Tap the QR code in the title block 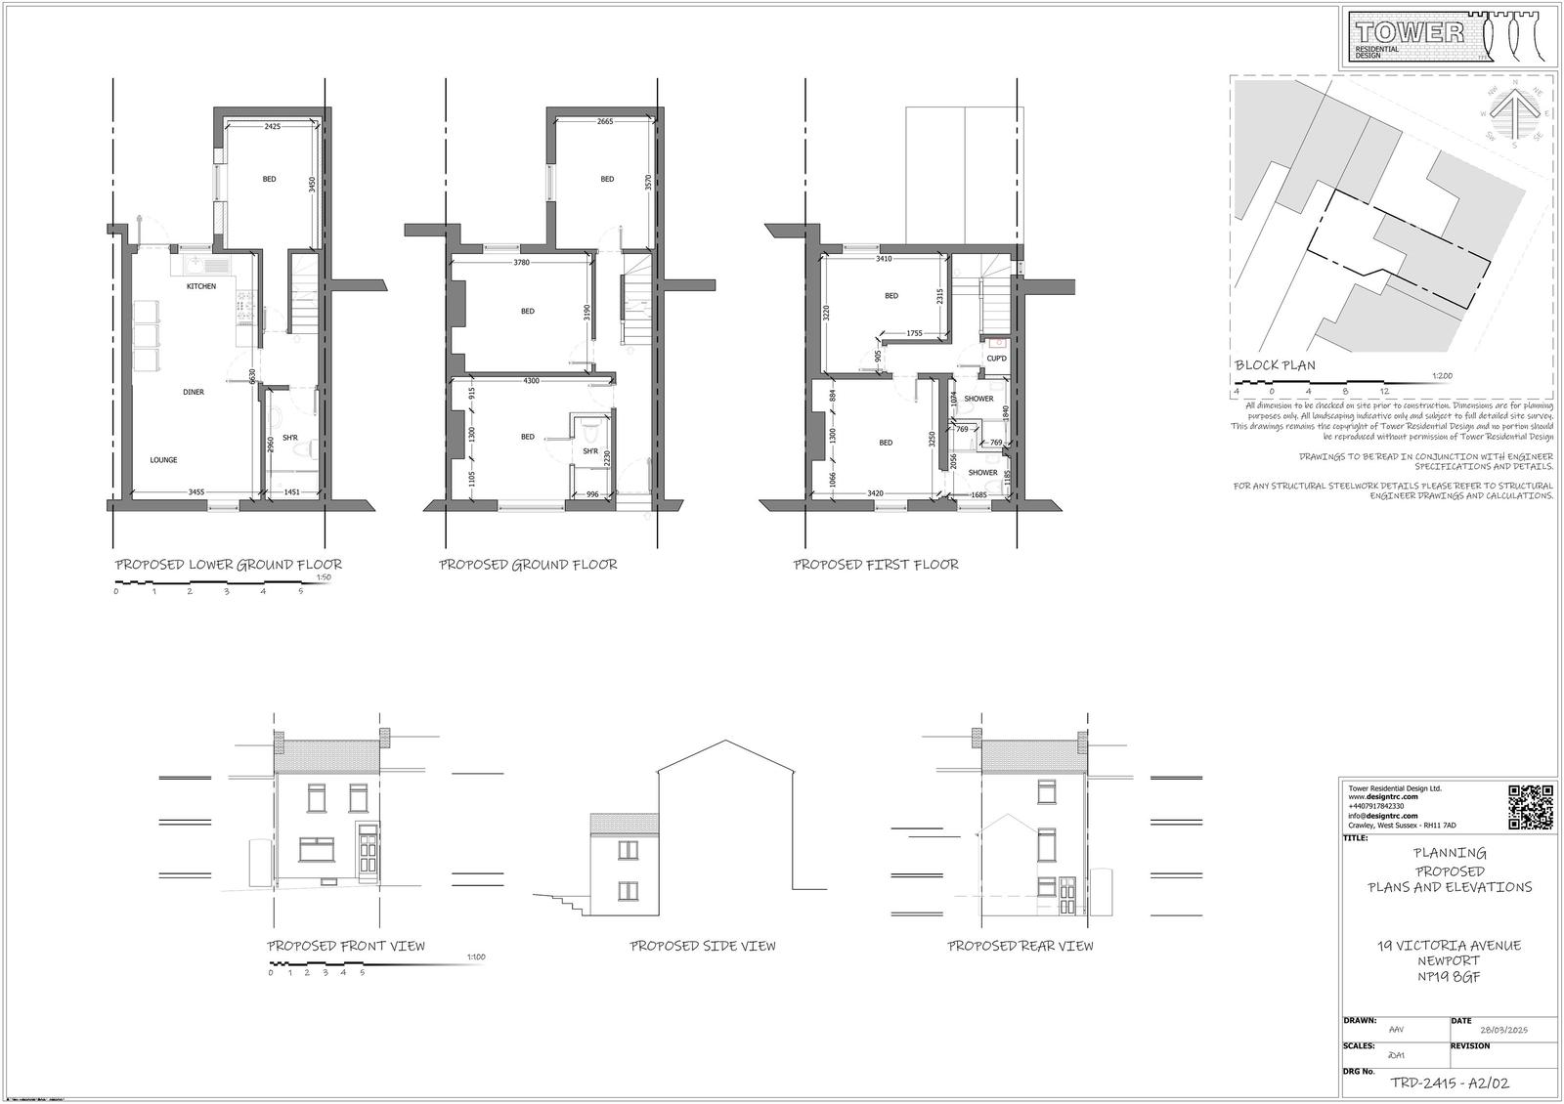(1531, 807)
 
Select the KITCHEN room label (201, 286)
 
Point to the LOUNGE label (163, 459)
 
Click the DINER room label (194, 392)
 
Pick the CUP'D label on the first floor (997, 359)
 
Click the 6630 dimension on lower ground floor (252, 375)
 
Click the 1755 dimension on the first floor (914, 333)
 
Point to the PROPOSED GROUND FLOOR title (528, 565)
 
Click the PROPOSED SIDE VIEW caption (703, 946)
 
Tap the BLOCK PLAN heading (1275, 365)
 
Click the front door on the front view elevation (369, 850)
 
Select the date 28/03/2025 (1503, 1031)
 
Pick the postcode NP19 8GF (1449, 976)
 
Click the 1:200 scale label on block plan (1441, 375)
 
